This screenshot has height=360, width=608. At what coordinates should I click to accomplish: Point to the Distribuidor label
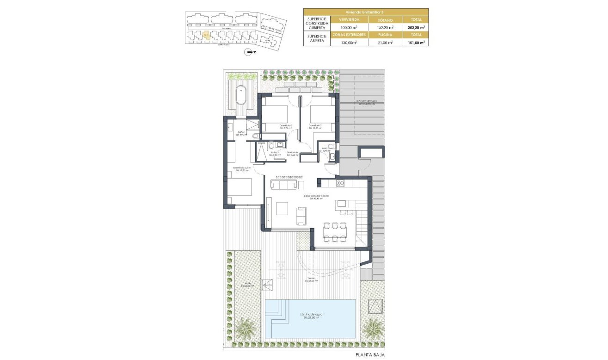(x=292, y=154)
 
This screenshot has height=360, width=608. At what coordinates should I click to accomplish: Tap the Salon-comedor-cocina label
(x=316, y=197)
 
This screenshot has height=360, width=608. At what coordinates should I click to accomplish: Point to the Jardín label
(x=247, y=285)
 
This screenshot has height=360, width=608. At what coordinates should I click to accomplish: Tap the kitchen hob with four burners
(x=341, y=184)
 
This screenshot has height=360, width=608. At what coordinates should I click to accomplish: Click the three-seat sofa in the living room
(x=283, y=185)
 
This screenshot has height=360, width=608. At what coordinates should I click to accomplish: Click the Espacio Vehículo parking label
(x=364, y=102)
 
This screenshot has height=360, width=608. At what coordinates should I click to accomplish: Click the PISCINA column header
(x=385, y=35)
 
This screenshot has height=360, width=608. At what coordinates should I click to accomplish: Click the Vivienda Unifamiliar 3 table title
(x=365, y=12)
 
